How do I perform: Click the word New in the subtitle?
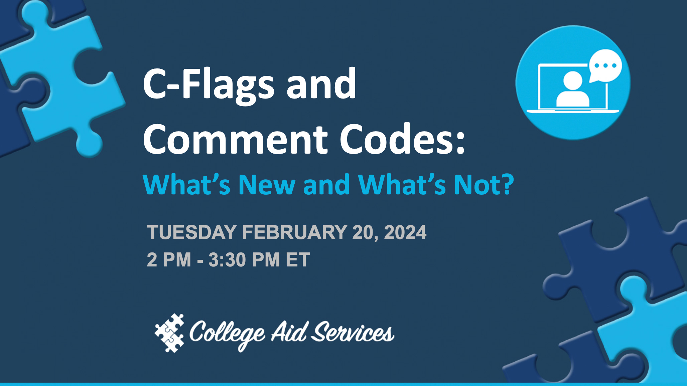267,185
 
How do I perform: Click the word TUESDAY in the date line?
192,232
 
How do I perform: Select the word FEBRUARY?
294,232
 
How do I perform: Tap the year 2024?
405,232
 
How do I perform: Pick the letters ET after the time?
298,260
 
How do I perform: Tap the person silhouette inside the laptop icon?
572,89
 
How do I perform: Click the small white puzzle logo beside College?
170,333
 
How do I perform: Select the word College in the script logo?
227,333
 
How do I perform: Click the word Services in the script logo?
353,333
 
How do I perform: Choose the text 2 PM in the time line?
169,260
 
